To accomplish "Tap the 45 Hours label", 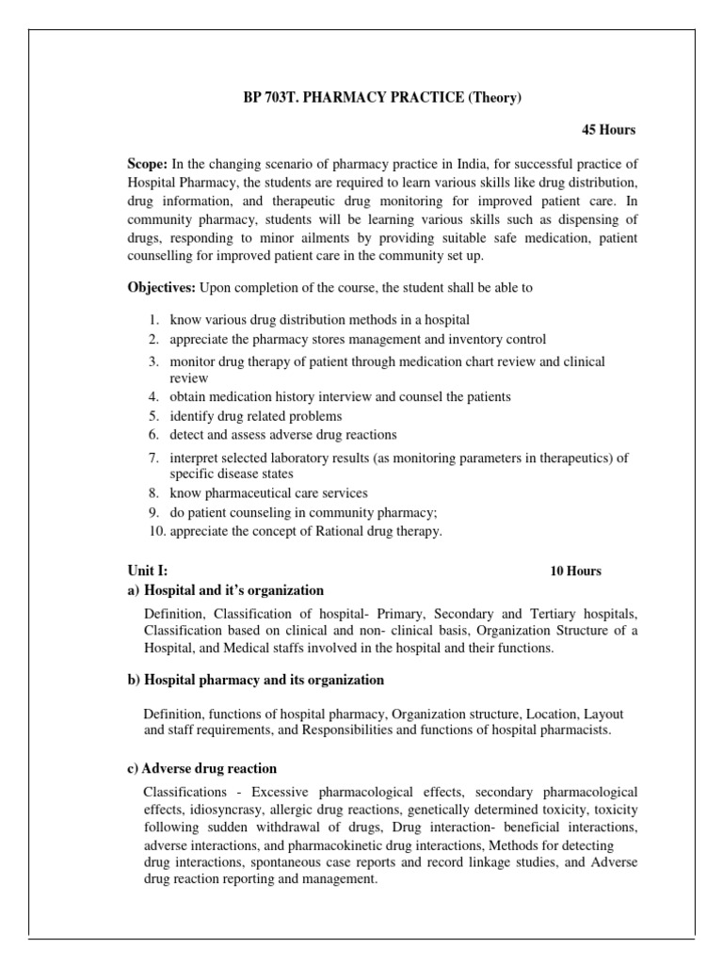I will [614, 129].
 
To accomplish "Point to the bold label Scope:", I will [148, 166].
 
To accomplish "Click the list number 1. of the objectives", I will [153, 321].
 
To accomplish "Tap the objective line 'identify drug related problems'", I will [255, 415].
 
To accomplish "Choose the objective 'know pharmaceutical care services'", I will [268, 492].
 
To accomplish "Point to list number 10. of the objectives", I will [155, 531].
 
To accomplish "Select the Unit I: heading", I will [148, 570].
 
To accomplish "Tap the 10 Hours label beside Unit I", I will [575, 570].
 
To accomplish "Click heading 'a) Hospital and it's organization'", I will [225, 590].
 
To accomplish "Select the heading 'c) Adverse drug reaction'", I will [201, 768].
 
